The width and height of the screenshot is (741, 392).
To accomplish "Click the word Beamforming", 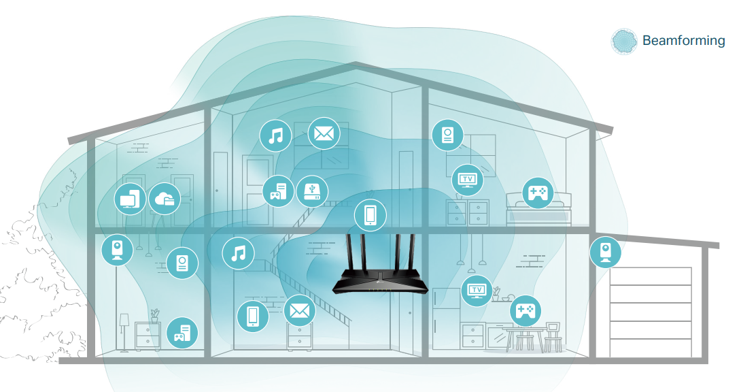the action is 683,40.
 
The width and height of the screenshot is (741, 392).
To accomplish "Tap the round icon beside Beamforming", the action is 625,42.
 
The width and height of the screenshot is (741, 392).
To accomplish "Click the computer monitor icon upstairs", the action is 131,199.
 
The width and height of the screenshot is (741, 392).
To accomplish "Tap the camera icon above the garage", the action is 605,252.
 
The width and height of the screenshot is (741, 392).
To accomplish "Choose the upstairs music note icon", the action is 275,135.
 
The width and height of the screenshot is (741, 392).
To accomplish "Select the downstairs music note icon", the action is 238,254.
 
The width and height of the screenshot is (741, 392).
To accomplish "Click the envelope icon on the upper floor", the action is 324,133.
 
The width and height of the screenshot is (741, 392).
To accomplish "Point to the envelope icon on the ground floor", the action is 299,311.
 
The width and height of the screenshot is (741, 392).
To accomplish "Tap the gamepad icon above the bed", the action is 537,193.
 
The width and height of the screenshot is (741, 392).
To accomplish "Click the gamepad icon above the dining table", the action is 525,311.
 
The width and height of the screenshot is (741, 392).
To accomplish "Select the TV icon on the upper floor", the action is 468,180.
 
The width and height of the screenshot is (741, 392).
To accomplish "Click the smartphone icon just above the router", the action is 370,215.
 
